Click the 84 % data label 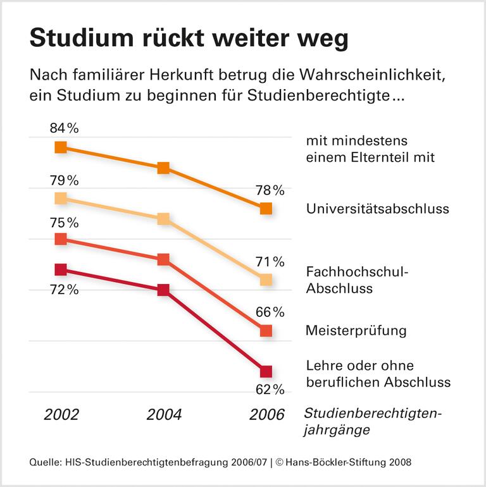(64, 128)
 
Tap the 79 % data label (64, 180)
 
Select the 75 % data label (64, 223)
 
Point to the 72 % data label (64, 290)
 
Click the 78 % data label (270, 190)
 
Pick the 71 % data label (270, 262)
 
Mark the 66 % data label (270, 312)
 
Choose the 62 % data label (270, 389)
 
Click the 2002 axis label (61, 415)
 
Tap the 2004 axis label (164, 415)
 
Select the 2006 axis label (266, 415)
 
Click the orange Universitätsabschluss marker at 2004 (163, 168)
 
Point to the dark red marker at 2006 (266, 371)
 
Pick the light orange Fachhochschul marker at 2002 (61, 198)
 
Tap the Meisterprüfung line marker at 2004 (163, 259)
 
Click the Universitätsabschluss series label (377, 209)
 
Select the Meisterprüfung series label (356, 331)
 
